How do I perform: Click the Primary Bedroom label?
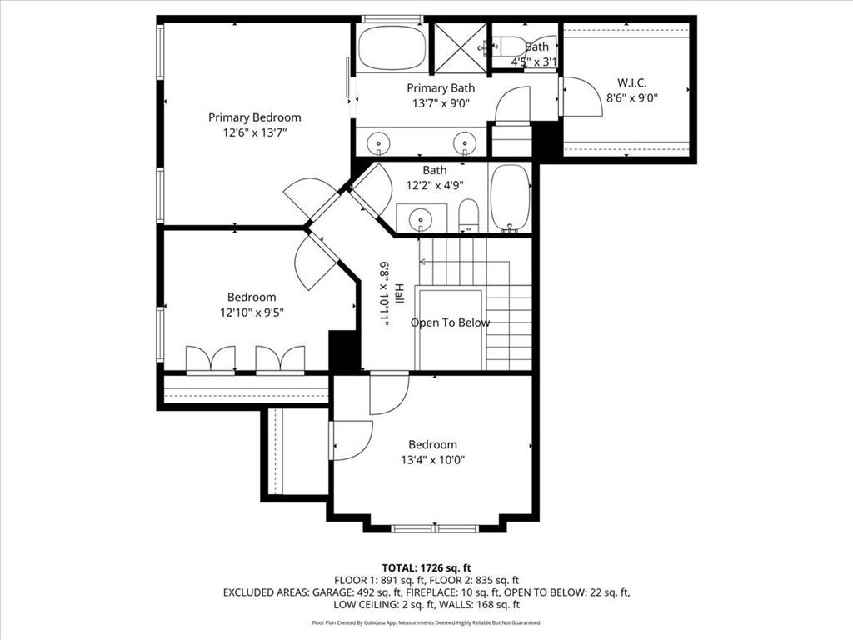[x=254, y=117]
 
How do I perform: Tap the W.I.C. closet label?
[x=631, y=82]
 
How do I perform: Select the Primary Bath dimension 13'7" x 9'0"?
[x=441, y=103]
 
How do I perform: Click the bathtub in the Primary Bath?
[x=392, y=48]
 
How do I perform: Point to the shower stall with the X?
[x=459, y=47]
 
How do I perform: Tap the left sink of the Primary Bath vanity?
[x=380, y=143]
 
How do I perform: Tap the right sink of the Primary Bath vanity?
[x=464, y=143]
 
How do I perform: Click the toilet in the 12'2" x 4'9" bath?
[x=468, y=216]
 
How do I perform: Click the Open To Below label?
[x=450, y=322]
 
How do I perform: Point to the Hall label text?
[x=399, y=292]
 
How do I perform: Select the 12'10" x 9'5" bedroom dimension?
[x=252, y=312]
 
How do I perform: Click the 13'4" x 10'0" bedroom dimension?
[x=432, y=459]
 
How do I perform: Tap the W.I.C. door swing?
[x=581, y=97]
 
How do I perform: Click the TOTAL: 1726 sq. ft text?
[x=426, y=567]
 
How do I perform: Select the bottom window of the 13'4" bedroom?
[x=434, y=528]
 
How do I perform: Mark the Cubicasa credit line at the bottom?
[x=426, y=622]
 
